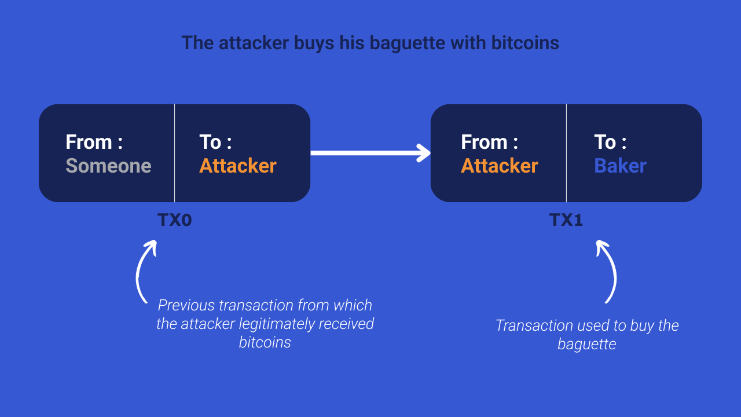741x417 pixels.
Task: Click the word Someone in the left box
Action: pyautogui.click(x=108, y=166)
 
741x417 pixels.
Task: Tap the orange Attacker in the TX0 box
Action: pyautogui.click(x=238, y=166)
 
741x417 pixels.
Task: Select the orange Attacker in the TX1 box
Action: pyautogui.click(x=500, y=166)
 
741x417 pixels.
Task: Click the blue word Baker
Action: pyautogui.click(x=620, y=166)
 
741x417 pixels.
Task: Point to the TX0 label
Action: pyautogui.click(x=174, y=220)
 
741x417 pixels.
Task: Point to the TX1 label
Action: pyautogui.click(x=566, y=220)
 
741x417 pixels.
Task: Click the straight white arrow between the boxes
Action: pyautogui.click(x=370, y=153)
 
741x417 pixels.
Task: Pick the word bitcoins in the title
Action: pyautogui.click(x=525, y=43)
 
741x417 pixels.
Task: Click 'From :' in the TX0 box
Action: pyautogui.click(x=94, y=142)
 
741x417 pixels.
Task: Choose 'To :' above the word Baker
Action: pyautogui.click(x=610, y=142)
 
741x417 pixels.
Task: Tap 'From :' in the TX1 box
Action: pyautogui.click(x=489, y=142)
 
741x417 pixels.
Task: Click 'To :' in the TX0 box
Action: pyautogui.click(x=215, y=142)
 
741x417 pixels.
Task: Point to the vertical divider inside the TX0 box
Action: pyautogui.click(x=174, y=153)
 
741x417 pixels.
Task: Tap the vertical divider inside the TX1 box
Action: pyautogui.click(x=566, y=153)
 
